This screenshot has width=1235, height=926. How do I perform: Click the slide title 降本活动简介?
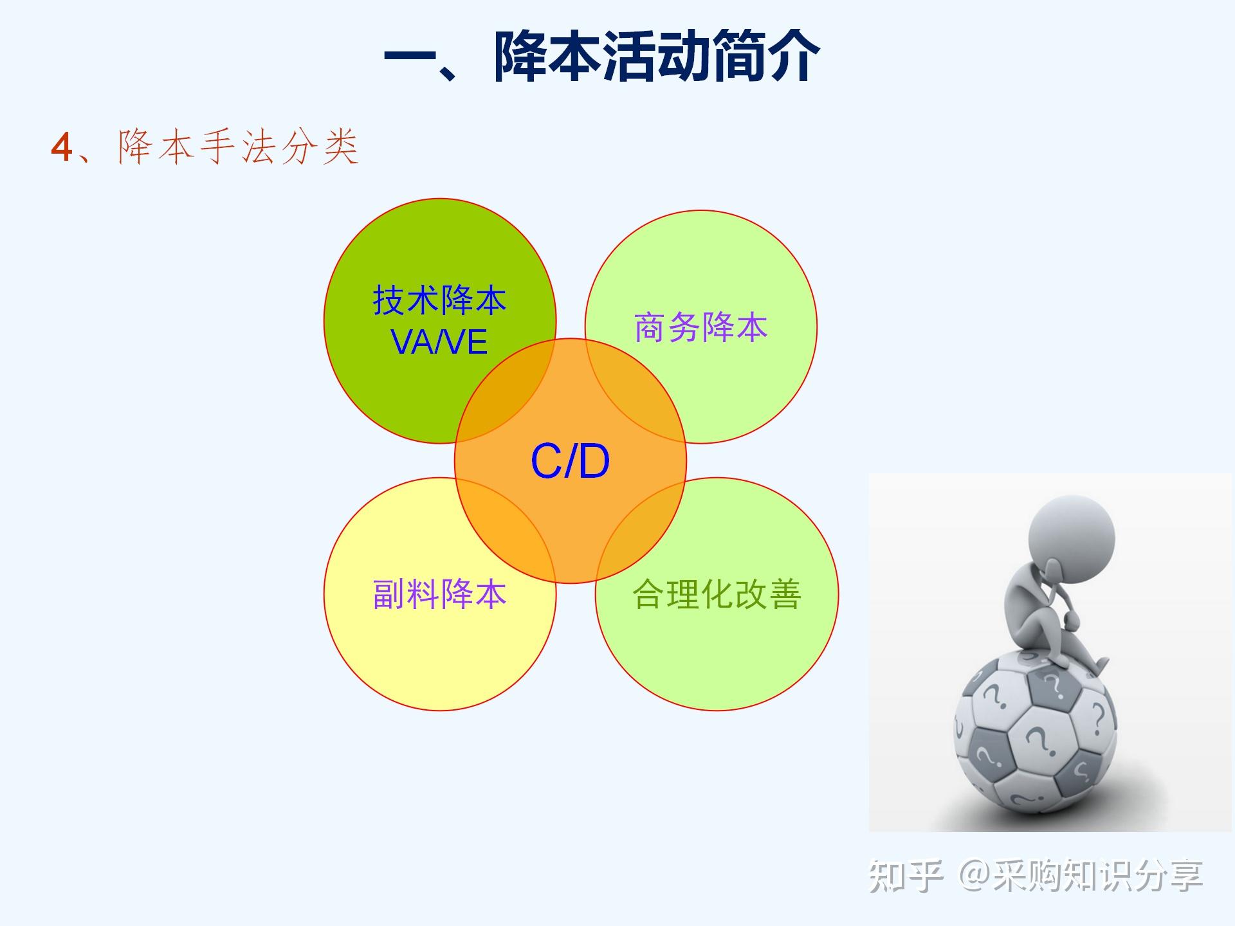pyautogui.click(x=657, y=57)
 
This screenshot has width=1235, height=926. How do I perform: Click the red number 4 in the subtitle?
pyautogui.click(x=62, y=147)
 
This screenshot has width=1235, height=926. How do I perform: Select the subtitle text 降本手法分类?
pyautogui.click(x=238, y=147)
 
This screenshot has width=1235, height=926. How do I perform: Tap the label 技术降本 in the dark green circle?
pyautogui.click(x=439, y=300)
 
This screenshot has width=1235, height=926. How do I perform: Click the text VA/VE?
pyautogui.click(x=439, y=341)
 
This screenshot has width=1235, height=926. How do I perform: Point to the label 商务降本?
pyautogui.click(x=700, y=327)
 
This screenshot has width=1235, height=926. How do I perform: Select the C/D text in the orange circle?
pyautogui.click(x=570, y=461)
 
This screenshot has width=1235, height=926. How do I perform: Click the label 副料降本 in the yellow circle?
pyautogui.click(x=439, y=594)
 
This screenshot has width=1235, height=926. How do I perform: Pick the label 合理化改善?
pyautogui.click(x=717, y=594)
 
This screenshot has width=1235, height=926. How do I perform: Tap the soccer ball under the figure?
pyautogui.click(x=1034, y=733)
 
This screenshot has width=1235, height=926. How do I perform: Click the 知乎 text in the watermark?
pyautogui.click(x=906, y=876)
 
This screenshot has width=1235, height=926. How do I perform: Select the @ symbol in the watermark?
pyautogui.click(x=974, y=876)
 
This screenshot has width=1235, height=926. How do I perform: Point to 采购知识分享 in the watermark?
pyautogui.click(x=1097, y=876)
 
